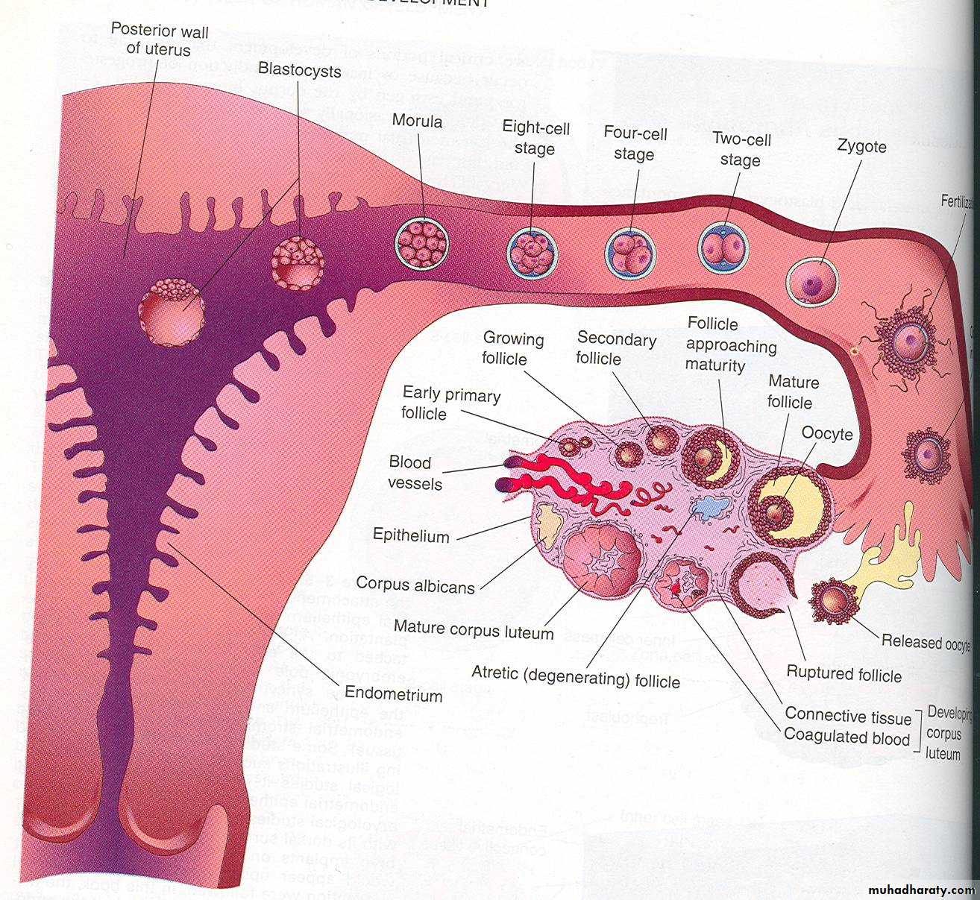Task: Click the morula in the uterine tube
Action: (x=423, y=244)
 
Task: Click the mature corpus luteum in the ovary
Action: (x=602, y=558)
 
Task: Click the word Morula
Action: (x=417, y=121)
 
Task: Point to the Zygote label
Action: (x=861, y=146)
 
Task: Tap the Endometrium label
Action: (x=394, y=695)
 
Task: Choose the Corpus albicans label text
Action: (x=415, y=585)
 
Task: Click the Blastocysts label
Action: (x=299, y=70)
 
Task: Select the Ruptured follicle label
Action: (x=844, y=674)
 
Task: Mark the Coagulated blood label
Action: (x=846, y=737)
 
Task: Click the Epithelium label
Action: (x=411, y=535)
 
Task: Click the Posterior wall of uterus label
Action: (x=160, y=41)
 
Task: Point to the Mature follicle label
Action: (x=793, y=392)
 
